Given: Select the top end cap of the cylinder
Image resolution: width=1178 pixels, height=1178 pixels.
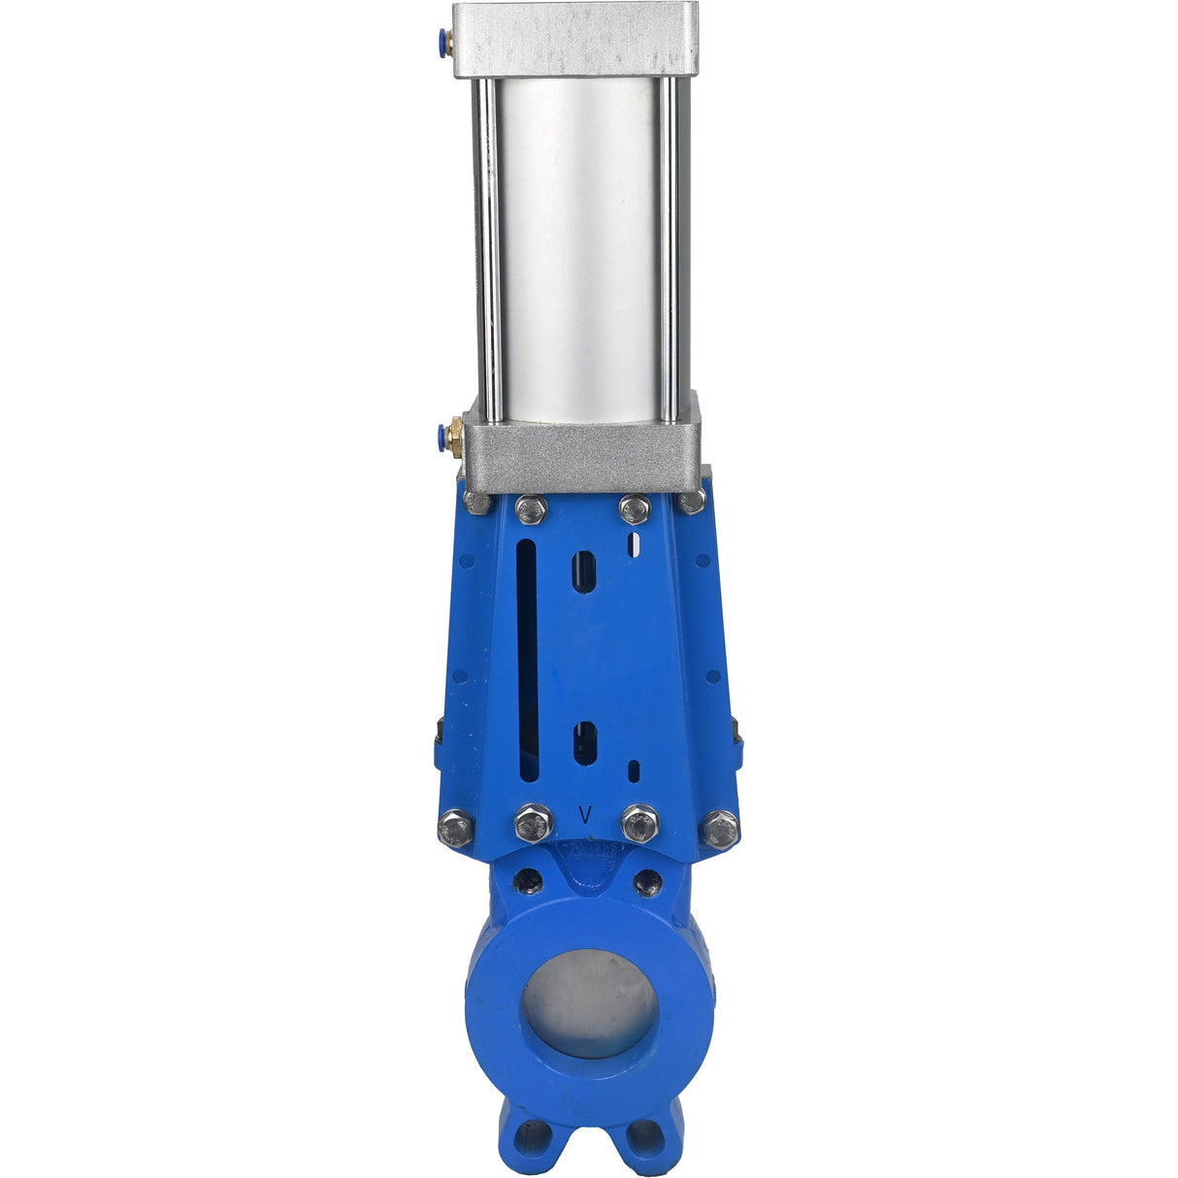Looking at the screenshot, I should pyautogui.click(x=575, y=39).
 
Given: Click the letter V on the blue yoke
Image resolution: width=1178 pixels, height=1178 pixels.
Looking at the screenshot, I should pyautogui.click(x=585, y=815).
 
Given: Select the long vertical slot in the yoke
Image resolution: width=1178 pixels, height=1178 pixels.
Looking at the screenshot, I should pyautogui.click(x=527, y=660).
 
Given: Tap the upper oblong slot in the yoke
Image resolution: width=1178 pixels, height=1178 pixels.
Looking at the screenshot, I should pyautogui.click(x=583, y=572).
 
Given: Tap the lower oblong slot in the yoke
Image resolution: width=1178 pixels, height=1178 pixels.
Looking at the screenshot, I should pyautogui.click(x=583, y=743).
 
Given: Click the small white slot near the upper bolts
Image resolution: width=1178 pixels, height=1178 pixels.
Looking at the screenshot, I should pyautogui.click(x=635, y=544).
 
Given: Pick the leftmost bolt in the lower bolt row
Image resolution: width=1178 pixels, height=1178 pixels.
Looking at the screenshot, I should pyautogui.click(x=456, y=828).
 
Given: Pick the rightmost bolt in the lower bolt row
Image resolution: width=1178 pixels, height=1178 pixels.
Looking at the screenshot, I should pyautogui.click(x=720, y=830).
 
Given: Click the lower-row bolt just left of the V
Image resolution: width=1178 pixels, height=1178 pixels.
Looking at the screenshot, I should pyautogui.click(x=534, y=823).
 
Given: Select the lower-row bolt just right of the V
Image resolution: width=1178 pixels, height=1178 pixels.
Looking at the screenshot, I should pyautogui.click(x=640, y=823).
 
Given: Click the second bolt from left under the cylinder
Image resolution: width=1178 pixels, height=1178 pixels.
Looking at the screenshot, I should pyautogui.click(x=532, y=508).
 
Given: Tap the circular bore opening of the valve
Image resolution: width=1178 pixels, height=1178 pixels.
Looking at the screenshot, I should pyautogui.click(x=589, y=1002).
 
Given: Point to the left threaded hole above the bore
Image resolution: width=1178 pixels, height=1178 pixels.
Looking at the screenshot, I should pyautogui.click(x=529, y=881).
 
